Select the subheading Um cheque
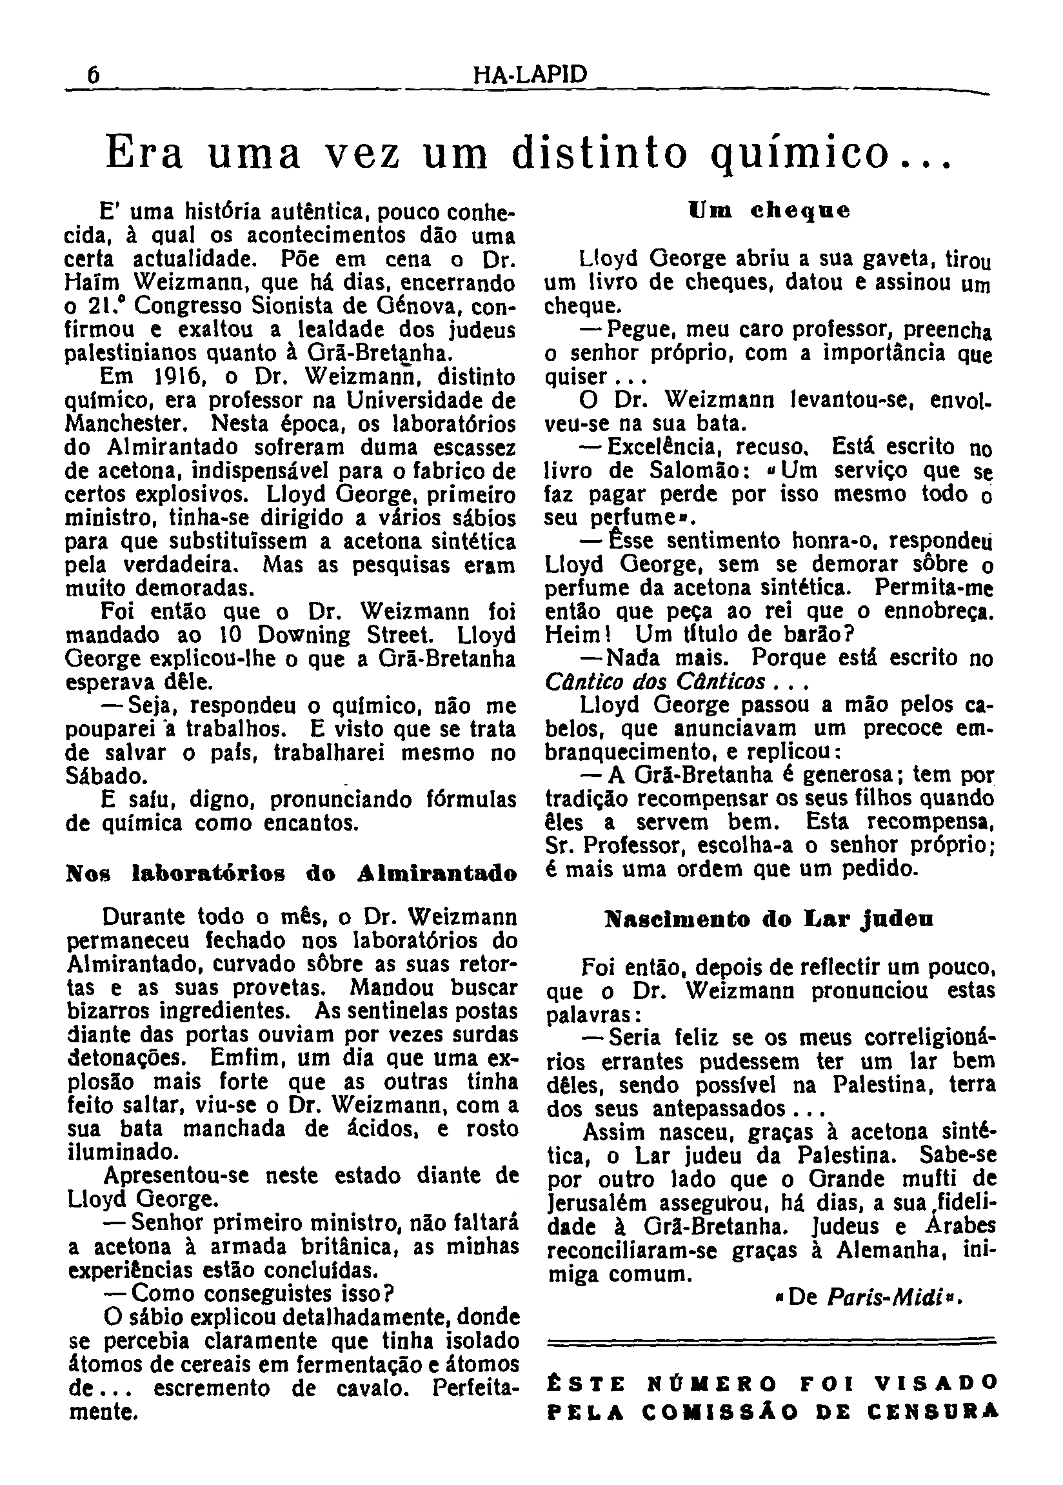[x=770, y=212]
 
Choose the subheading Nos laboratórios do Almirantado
[x=292, y=874]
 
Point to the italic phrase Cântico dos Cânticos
[x=655, y=682]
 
